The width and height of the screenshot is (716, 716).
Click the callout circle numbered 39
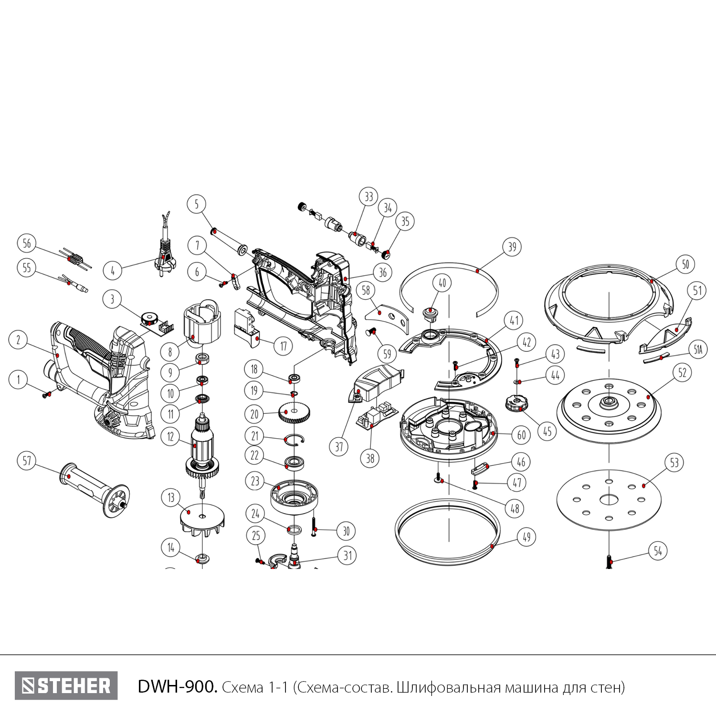(x=512, y=247)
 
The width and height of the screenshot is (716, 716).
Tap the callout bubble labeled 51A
(x=698, y=351)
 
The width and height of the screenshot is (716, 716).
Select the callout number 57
(x=27, y=461)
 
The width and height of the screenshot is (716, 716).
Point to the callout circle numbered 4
(x=113, y=271)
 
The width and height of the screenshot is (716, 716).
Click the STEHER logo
(x=66, y=686)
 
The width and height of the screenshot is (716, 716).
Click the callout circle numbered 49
(x=526, y=537)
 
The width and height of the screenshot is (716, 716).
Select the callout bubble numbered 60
(x=521, y=434)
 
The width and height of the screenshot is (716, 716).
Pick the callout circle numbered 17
(x=283, y=346)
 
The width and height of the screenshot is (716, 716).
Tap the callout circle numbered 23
(x=255, y=481)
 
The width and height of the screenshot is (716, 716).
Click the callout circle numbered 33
(x=369, y=197)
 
